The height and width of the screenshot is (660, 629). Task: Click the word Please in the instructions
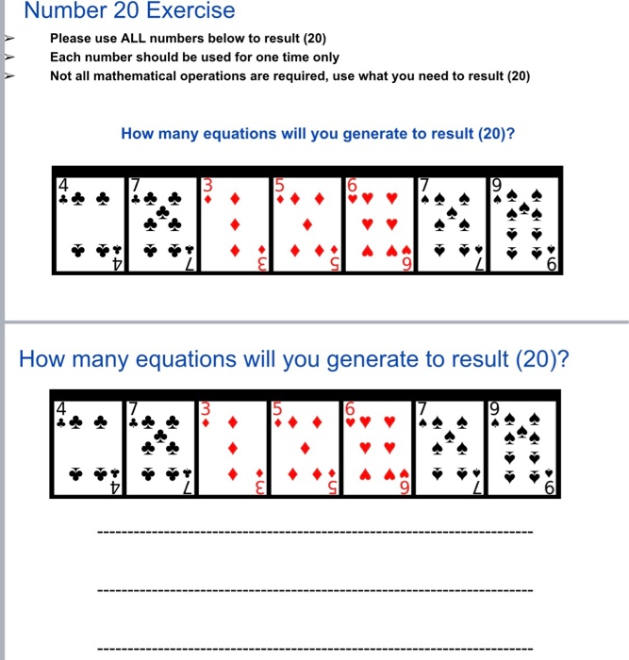pyautogui.click(x=71, y=40)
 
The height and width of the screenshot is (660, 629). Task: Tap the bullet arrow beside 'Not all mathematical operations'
pyautogui.click(x=10, y=76)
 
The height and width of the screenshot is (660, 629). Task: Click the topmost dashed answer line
pyautogui.click(x=314, y=534)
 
